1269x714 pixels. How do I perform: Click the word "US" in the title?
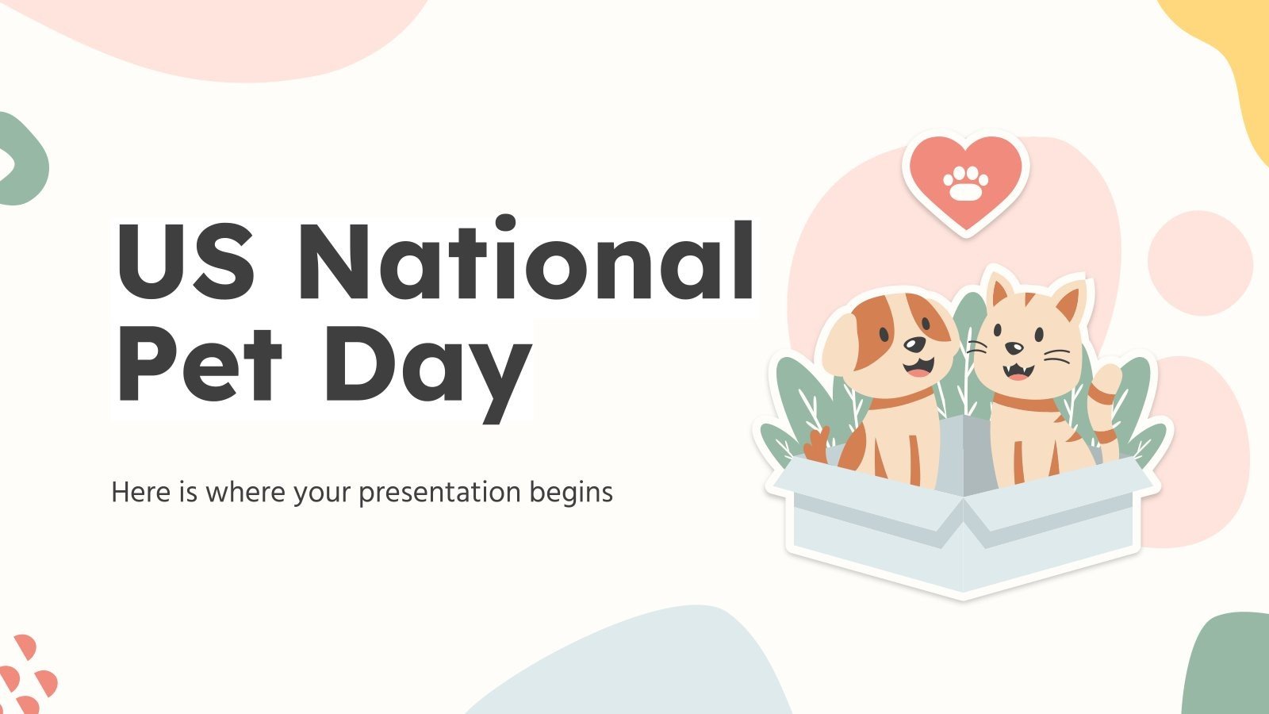click(186, 262)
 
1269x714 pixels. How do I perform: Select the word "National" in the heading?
click(526, 262)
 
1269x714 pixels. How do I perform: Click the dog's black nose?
click(914, 345)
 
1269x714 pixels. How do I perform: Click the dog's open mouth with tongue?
click(918, 367)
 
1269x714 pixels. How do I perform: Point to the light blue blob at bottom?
click(634, 666)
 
